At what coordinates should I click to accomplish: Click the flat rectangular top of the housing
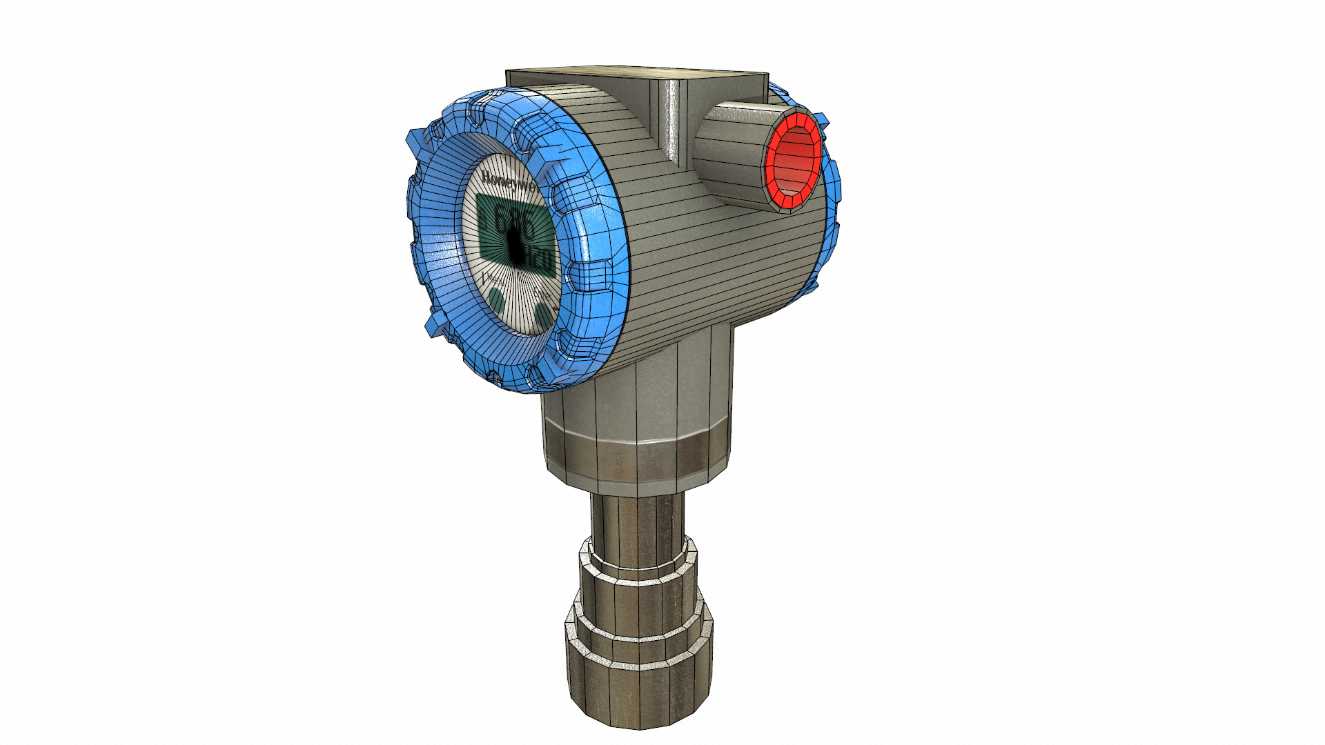point(638,76)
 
